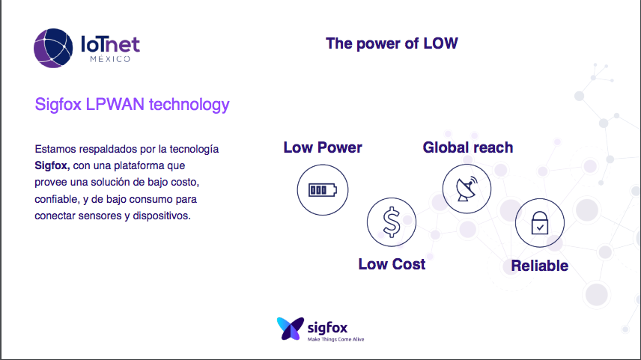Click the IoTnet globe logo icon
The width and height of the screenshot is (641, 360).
pos(53,48)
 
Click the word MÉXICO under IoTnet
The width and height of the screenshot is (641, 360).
pos(110,59)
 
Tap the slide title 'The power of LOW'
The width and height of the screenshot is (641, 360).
pos(392,43)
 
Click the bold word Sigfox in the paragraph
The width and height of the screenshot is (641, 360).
pos(52,166)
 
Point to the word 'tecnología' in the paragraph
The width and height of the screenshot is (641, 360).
pos(194,149)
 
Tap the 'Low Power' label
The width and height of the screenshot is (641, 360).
pos(323,147)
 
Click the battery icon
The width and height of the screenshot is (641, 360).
pos(323,190)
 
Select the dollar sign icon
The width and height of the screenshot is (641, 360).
pos(392,222)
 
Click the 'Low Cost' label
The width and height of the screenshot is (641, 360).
pos(392,264)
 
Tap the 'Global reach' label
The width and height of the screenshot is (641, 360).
pos(468,147)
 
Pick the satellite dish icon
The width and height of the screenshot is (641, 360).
pos(467,189)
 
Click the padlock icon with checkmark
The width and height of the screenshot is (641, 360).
pos(540,223)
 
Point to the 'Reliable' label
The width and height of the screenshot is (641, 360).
pos(540,266)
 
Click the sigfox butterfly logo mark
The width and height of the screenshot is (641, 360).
pos(291,328)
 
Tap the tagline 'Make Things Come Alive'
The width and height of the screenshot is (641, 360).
pos(335,339)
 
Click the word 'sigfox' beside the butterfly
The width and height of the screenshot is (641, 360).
pos(327,328)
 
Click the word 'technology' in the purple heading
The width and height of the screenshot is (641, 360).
pos(189,105)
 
